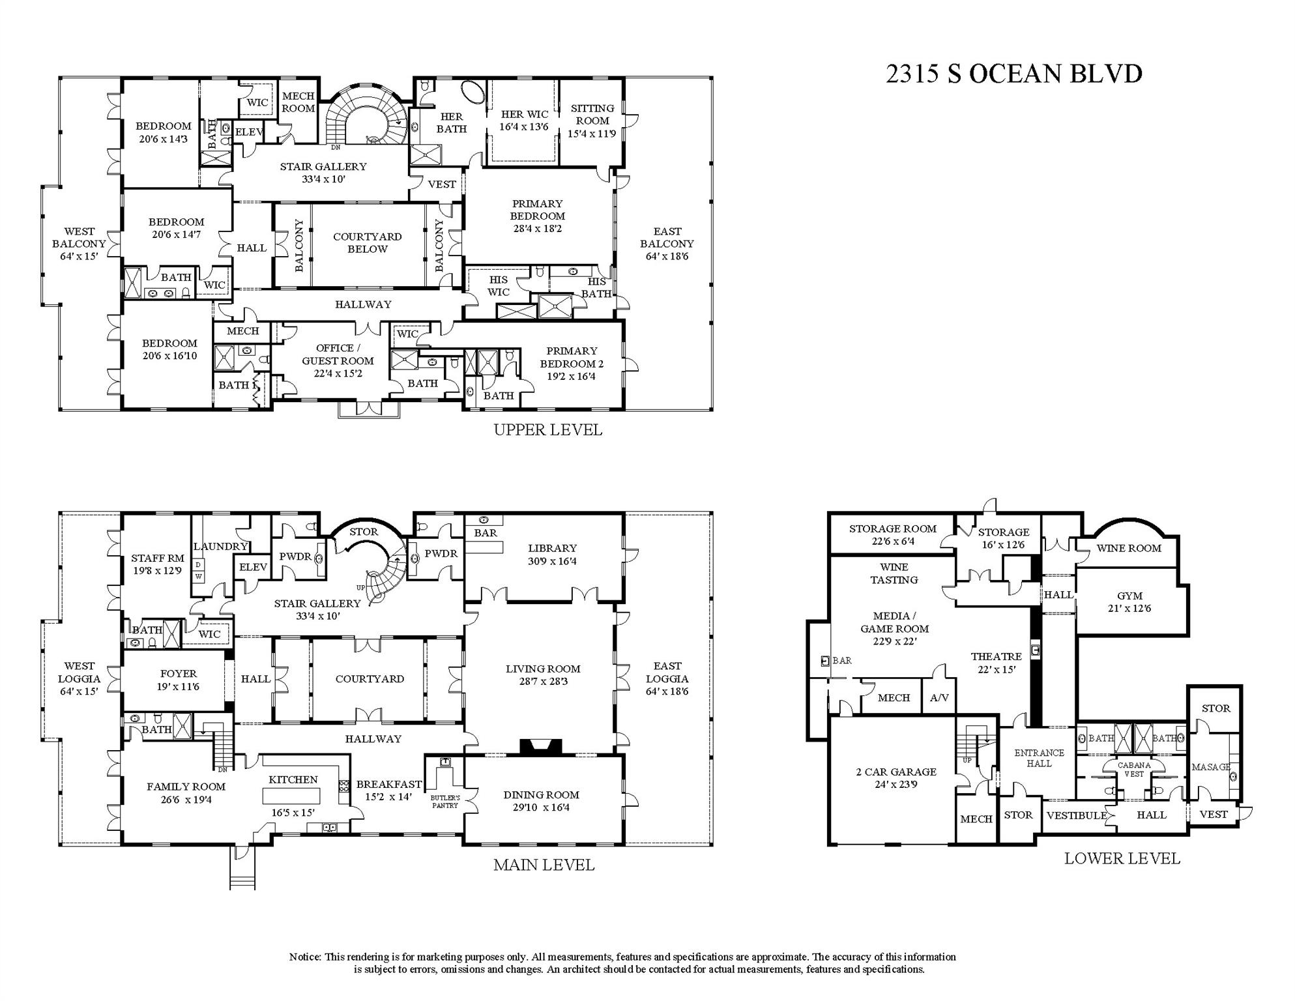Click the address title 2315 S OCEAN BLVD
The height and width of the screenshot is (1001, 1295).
pyautogui.click(x=1013, y=74)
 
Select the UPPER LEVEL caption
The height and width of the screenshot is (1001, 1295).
pyautogui.click(x=547, y=430)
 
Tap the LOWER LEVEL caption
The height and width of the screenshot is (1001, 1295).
pyautogui.click(x=1122, y=858)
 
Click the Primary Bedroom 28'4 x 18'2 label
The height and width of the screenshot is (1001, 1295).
pyautogui.click(x=537, y=216)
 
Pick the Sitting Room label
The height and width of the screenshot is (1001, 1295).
pyautogui.click(x=592, y=121)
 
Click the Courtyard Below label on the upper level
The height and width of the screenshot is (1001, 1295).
pyautogui.click(x=368, y=243)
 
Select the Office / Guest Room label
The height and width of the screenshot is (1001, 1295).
pyautogui.click(x=338, y=360)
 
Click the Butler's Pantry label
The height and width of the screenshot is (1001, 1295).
pyautogui.click(x=445, y=802)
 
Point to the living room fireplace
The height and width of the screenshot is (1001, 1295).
pyautogui.click(x=541, y=747)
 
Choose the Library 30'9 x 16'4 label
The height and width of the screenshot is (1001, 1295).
pyautogui.click(x=552, y=555)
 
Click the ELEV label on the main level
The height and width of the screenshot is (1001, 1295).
pyautogui.click(x=253, y=567)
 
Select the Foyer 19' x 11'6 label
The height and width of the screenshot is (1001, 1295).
pyautogui.click(x=178, y=680)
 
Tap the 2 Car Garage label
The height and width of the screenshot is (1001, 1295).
pyautogui.click(x=895, y=778)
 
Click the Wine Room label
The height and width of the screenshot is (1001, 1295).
pyautogui.click(x=1128, y=548)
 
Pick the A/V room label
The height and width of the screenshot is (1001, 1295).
pyautogui.click(x=939, y=698)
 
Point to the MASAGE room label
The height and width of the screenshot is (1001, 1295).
pyautogui.click(x=1210, y=767)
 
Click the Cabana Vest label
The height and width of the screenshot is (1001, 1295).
pyautogui.click(x=1134, y=770)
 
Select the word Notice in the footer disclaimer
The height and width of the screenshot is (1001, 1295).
pyautogui.click(x=304, y=957)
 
